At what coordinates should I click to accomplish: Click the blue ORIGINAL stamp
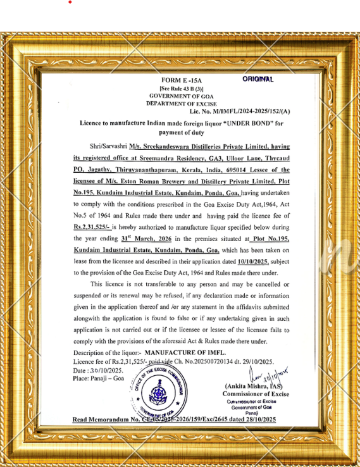click(258, 79)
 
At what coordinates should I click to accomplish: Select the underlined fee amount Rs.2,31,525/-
click(92, 226)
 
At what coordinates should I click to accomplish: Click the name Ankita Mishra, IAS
click(253, 386)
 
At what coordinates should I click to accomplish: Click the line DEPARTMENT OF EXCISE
click(181, 103)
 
